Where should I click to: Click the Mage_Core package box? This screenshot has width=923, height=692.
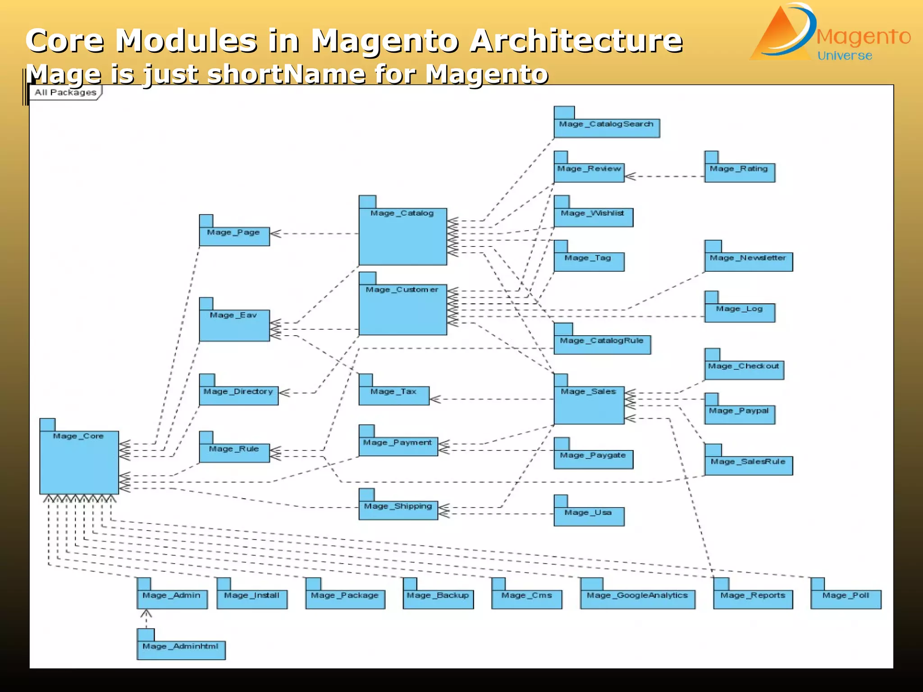click(x=79, y=462)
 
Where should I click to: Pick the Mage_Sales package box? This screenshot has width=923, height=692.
click(x=589, y=405)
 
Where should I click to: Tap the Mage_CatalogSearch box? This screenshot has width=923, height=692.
click(x=606, y=127)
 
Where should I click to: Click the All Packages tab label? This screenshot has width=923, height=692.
click(x=66, y=92)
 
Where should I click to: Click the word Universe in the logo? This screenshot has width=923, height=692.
click(x=845, y=56)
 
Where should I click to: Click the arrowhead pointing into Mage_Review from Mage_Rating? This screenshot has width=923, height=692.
click(x=630, y=176)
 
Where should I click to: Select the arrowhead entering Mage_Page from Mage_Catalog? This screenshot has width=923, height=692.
click(x=274, y=233)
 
